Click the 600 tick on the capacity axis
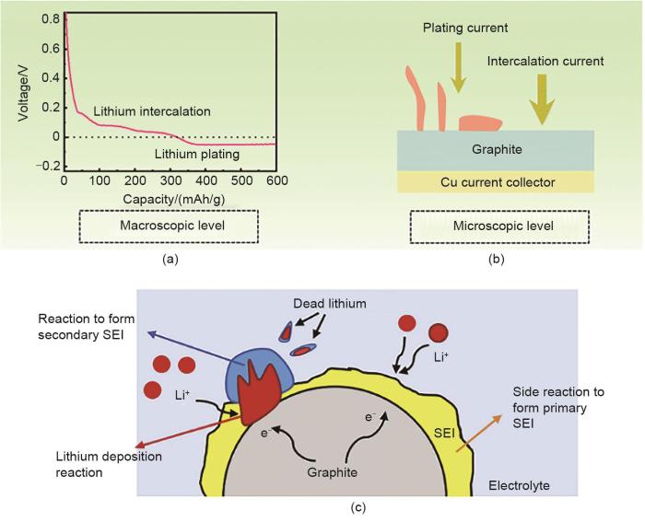[x=276, y=179]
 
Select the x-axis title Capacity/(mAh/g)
[x=170, y=195]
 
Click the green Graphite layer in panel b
[x=496, y=149]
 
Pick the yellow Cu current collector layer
[x=496, y=181]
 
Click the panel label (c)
[x=322, y=508]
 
